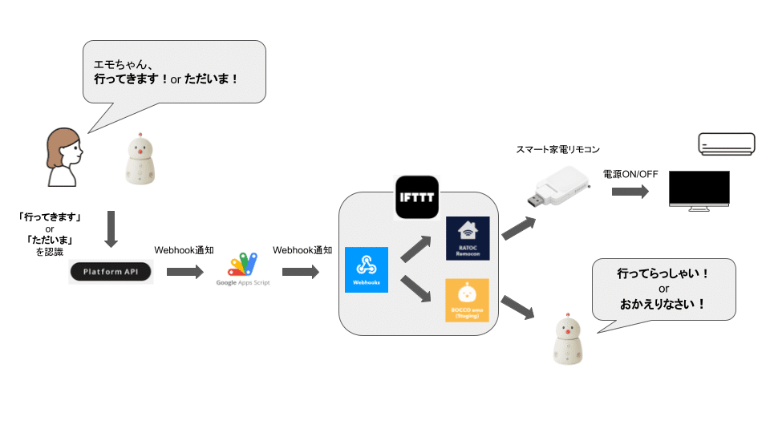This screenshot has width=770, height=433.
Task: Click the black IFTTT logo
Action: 417,197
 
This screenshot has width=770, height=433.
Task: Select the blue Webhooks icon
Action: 366,269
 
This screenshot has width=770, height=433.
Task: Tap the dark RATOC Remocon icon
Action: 468,238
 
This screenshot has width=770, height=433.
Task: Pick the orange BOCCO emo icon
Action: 468,300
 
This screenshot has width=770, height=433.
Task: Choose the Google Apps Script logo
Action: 243,268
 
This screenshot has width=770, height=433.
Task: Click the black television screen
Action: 699,190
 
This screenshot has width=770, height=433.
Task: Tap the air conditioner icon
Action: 724,144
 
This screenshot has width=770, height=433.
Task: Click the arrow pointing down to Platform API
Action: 111,229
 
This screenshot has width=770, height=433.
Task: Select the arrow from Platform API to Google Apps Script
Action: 184,273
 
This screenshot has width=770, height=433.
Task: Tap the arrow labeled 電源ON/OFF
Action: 630,192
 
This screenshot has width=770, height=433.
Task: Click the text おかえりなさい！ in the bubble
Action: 663,304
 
